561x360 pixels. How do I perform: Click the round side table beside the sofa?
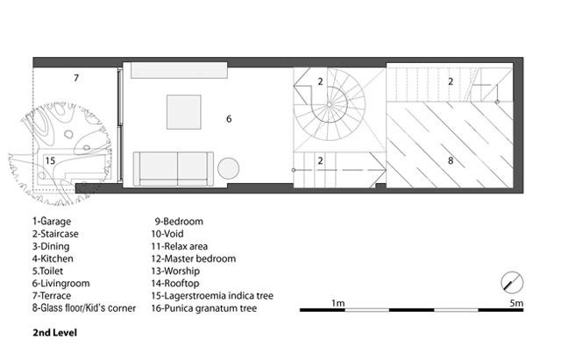click(x=228, y=168)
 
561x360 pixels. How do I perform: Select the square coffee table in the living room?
click(x=183, y=112)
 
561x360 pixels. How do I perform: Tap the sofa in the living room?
click(x=174, y=169)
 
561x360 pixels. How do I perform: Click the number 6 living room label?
click(x=229, y=119)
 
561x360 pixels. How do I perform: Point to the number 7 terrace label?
click(x=76, y=78)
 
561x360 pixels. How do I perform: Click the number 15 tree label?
click(x=50, y=160)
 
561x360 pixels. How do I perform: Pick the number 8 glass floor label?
click(x=451, y=160)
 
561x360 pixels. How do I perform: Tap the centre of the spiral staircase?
click(x=330, y=104)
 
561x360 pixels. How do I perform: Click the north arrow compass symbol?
click(x=512, y=282)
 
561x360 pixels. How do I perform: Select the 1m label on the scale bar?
click(x=338, y=303)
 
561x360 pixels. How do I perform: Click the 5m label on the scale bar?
click(x=516, y=303)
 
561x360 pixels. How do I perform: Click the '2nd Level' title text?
click(x=54, y=333)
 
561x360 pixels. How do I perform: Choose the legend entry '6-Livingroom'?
click(x=60, y=284)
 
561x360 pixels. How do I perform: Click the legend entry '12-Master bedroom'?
click(x=193, y=258)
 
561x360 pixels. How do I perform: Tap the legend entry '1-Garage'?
click(x=52, y=222)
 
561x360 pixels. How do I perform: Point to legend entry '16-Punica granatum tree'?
click(x=204, y=308)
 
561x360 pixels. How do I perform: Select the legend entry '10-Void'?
click(x=167, y=234)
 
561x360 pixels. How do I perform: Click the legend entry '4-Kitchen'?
click(x=53, y=258)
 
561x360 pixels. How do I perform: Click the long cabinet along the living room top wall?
click(x=179, y=70)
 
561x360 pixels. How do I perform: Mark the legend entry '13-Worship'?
click(x=175, y=271)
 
